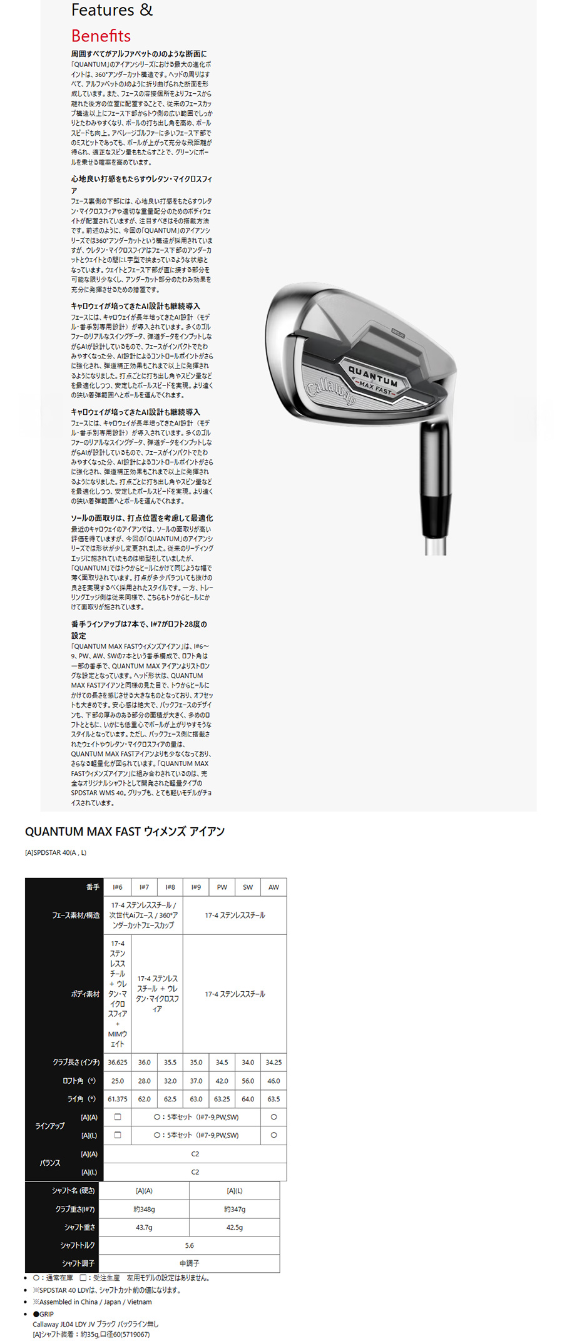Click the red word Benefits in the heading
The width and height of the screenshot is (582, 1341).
point(101,36)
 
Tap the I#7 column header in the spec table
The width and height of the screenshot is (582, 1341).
point(144,887)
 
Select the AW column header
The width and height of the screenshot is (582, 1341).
point(273,887)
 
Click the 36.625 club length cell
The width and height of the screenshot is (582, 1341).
point(118,1062)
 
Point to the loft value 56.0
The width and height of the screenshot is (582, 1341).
point(248,1081)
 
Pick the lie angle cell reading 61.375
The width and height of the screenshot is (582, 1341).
point(118,1099)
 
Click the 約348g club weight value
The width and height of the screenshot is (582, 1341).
point(144,1209)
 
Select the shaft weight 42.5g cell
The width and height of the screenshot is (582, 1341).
point(235,1227)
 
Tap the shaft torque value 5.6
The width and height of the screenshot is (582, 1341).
point(189,1245)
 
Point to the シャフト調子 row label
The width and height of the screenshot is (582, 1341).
point(78,1263)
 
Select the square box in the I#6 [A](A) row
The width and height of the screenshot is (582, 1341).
point(118,1117)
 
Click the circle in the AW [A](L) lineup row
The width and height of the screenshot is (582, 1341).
point(273,1135)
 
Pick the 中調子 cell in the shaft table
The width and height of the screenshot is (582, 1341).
point(189,1263)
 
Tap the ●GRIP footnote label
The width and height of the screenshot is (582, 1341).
point(44,1314)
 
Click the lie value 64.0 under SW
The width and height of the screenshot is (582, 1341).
point(248,1099)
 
